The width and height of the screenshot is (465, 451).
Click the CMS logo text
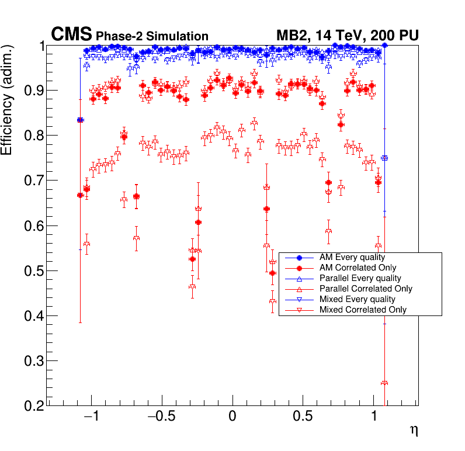pyautogui.click(x=72, y=35)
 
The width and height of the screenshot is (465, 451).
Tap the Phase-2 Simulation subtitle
pyautogui.click(x=152, y=37)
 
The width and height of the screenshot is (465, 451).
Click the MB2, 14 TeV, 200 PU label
pyautogui.click(x=347, y=35)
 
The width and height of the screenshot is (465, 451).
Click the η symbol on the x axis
pyautogui.click(x=413, y=431)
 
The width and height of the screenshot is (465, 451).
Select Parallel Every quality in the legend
pyautogui.click(x=360, y=278)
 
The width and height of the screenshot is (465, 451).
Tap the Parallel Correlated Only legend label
pyautogui.click(x=366, y=289)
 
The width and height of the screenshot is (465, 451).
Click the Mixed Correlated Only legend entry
pyautogui.click(x=362, y=310)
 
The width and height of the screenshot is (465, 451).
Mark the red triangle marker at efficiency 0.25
pyautogui.click(x=384, y=383)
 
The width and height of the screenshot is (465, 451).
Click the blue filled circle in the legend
pyautogui.click(x=299, y=257)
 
